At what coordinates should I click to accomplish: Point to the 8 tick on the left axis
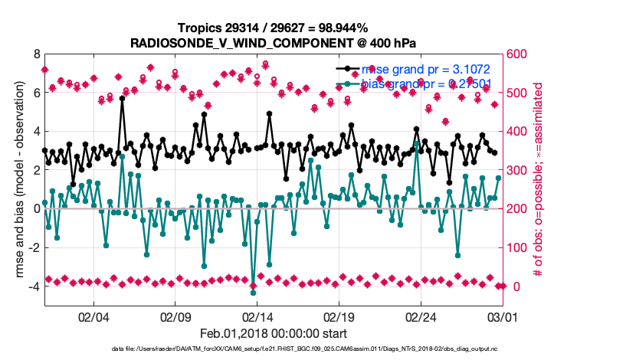pyautogui.click(x=36, y=54)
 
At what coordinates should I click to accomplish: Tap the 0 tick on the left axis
pyautogui.click(x=36, y=208)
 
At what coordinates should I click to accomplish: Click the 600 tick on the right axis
pyautogui.click(x=515, y=54)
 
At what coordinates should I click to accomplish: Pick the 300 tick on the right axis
pyautogui.click(x=515, y=170)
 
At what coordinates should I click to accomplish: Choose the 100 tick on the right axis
pyautogui.click(x=515, y=247)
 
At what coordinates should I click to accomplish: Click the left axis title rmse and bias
pyautogui.click(x=15, y=181)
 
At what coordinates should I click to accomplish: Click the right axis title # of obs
pyautogui.click(x=539, y=181)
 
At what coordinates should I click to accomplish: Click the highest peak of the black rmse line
pyautogui.click(x=122, y=99)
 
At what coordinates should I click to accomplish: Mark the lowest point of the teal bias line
pyautogui.click(x=253, y=293)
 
